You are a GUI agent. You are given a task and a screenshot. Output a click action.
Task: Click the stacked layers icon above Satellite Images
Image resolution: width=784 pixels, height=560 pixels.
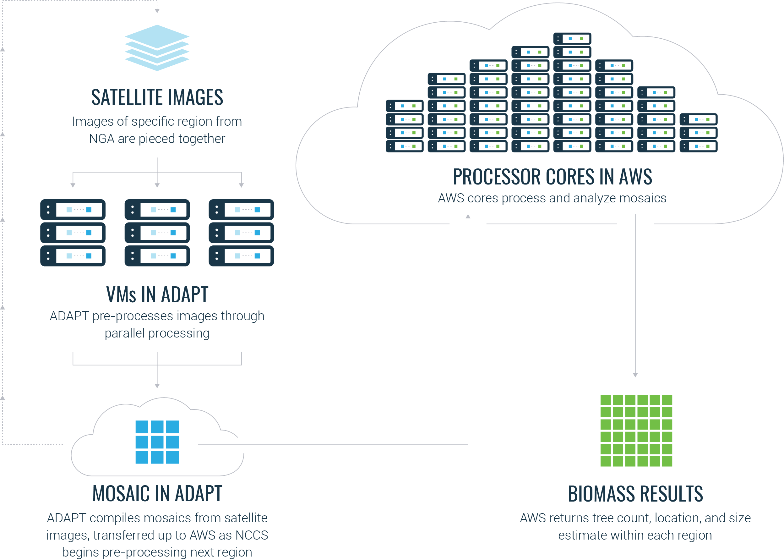157,47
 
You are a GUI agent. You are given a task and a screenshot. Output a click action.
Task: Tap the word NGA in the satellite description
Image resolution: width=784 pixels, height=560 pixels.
102,139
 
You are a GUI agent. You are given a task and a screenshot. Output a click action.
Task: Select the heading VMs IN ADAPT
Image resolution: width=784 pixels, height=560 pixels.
157,295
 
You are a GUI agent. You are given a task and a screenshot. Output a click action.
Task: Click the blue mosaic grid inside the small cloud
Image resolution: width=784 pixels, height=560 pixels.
157,442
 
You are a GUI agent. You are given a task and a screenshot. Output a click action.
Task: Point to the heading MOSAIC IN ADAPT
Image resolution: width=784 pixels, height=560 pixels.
157,493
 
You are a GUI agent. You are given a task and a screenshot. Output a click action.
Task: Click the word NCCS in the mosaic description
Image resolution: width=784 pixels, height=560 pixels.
252,535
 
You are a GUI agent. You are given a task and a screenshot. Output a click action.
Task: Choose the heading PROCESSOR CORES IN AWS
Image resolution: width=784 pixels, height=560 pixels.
552,177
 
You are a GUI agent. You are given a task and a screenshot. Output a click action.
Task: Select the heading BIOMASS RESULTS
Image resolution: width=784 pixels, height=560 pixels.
635,494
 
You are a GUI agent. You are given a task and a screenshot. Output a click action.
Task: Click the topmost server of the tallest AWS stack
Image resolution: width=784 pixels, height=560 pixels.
572,39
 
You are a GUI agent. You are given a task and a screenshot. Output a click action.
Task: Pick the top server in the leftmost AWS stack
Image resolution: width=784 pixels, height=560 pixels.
405,106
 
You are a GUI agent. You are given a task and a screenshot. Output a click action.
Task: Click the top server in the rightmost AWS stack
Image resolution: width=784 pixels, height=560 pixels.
698,119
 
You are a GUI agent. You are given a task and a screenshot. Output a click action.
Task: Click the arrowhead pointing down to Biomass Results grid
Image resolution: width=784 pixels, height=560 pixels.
635,375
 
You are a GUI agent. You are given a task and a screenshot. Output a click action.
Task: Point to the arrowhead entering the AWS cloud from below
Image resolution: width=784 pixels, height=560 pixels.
468,217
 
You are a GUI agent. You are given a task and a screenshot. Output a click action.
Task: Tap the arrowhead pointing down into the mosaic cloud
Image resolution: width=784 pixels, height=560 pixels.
157,386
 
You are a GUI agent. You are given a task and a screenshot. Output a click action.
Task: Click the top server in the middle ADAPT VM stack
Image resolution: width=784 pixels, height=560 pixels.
157,210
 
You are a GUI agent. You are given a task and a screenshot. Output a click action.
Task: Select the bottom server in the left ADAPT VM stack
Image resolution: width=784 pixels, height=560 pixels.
73,256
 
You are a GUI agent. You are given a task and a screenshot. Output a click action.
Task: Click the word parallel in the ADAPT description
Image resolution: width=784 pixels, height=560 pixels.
124,333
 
